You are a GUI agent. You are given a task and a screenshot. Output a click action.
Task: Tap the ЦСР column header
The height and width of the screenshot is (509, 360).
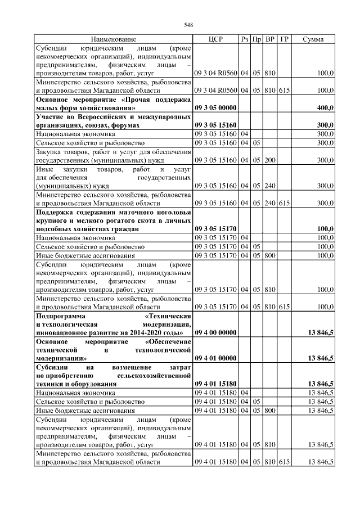coord(216,39)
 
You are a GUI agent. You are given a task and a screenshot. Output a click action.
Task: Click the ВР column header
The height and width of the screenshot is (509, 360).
coord(270,39)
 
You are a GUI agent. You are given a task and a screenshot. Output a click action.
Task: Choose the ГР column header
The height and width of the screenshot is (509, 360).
coord(284,39)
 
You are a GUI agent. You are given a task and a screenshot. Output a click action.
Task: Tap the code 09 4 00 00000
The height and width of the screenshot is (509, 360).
coord(216,333)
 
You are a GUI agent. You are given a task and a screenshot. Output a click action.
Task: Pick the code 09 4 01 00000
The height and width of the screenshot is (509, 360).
coord(216,358)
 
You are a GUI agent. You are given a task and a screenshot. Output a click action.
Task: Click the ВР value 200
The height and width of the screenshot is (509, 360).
coord(269,160)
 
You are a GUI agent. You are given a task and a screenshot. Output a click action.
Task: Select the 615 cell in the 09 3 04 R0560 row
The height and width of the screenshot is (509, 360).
coord(284,90)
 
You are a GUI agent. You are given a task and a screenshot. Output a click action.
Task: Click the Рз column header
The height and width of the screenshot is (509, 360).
coord(244,39)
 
